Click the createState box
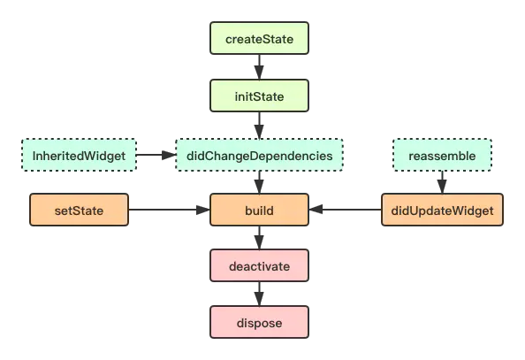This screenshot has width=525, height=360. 259,38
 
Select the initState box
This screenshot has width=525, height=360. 259,96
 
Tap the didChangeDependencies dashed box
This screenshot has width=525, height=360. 259,155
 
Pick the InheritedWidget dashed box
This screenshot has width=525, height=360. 79,155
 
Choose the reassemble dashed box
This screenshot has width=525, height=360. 442,155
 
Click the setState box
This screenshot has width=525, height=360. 79,210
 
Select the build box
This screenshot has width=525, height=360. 259,210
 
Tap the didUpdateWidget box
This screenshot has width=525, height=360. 442,210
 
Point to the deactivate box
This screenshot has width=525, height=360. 259,265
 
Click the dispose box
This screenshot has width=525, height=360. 259,322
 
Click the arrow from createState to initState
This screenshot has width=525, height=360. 259,66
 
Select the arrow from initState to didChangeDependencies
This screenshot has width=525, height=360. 259,125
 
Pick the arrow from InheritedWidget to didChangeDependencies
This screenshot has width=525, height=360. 156,155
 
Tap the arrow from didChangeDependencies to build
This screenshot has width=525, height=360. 259,182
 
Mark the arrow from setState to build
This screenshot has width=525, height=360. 169,210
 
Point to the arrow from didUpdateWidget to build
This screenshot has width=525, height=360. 346,210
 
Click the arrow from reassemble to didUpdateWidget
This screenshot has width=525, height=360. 442,182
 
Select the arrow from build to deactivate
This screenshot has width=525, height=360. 259,237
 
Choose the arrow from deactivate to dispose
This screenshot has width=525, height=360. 259,294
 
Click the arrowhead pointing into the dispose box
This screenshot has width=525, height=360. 259,299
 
